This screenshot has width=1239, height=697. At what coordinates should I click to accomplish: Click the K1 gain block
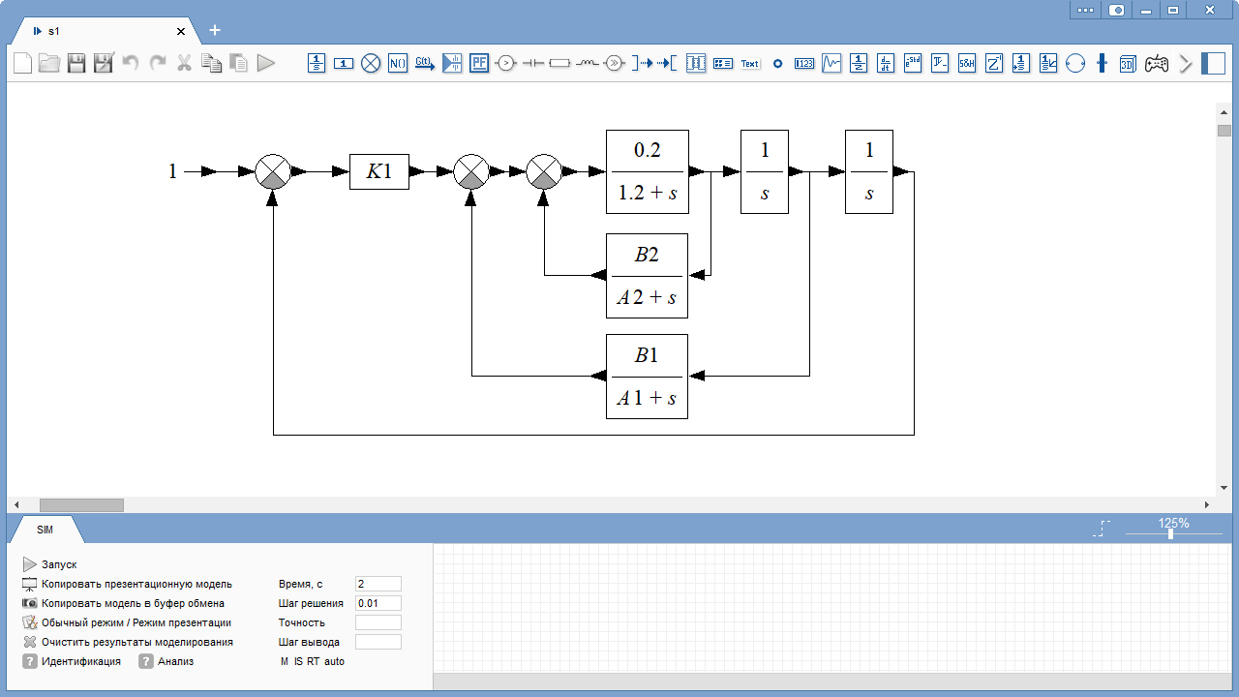point(378,171)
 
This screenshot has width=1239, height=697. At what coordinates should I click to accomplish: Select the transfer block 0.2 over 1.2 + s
point(648,171)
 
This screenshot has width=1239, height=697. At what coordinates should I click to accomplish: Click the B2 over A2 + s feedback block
point(647,276)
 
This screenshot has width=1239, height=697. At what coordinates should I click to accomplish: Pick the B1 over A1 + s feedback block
point(647,377)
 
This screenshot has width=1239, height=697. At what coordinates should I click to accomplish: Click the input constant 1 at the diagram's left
point(172,171)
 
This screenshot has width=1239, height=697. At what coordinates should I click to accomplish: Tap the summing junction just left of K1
point(273,171)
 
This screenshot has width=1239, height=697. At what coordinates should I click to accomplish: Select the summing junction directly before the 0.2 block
point(544,171)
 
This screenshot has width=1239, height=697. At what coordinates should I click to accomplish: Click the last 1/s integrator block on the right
point(869,171)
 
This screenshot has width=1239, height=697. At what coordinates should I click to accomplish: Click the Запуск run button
point(49,564)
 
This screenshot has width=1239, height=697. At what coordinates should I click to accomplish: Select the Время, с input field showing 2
point(378,584)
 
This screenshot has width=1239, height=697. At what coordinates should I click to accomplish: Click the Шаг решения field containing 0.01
point(378,603)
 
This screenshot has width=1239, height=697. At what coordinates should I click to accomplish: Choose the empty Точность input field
point(378,622)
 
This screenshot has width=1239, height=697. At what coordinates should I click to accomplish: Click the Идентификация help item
point(72,661)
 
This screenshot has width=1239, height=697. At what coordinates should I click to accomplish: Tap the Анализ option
point(166,661)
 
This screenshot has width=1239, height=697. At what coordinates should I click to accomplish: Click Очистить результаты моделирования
point(128,642)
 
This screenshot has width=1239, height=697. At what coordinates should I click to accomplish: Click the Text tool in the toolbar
point(749,63)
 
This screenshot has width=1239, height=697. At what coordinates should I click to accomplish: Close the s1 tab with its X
point(181,32)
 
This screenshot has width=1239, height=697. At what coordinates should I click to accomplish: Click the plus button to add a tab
point(215,30)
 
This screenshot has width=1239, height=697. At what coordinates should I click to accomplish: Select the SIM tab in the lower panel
point(45,530)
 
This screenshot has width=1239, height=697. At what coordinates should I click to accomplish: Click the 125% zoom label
point(1173,523)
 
